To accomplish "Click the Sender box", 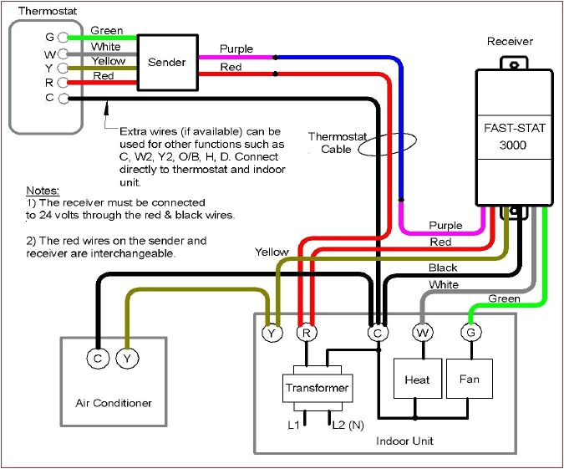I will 167,62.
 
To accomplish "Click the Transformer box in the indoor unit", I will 317,388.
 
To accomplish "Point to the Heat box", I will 417,380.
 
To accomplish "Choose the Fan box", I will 470,379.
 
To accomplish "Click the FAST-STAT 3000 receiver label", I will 511,137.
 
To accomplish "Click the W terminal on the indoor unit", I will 421,333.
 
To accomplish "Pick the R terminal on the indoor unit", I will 307,333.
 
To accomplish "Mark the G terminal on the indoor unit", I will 470,333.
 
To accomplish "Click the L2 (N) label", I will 348,426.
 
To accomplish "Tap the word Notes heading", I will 42,191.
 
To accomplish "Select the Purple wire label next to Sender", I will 236,48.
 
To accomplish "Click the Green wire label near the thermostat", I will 106,31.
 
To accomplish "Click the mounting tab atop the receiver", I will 511,61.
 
